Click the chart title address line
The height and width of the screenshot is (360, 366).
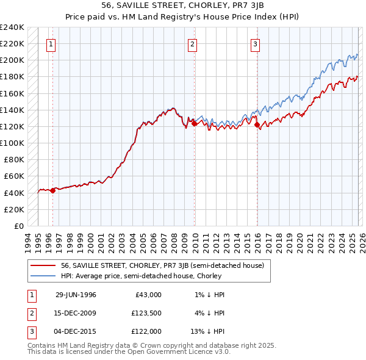coord(182,5)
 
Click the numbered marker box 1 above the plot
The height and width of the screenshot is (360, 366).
coord(51,43)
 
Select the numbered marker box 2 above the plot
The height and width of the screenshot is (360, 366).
coord(193,43)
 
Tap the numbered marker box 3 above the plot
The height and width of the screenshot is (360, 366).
coord(255,43)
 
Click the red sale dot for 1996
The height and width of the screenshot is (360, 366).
coord(53,190)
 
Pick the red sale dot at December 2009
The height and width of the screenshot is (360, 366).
coord(195,123)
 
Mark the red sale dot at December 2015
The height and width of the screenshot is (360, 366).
coord(257,125)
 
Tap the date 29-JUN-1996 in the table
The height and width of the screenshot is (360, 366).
coord(76,295)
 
